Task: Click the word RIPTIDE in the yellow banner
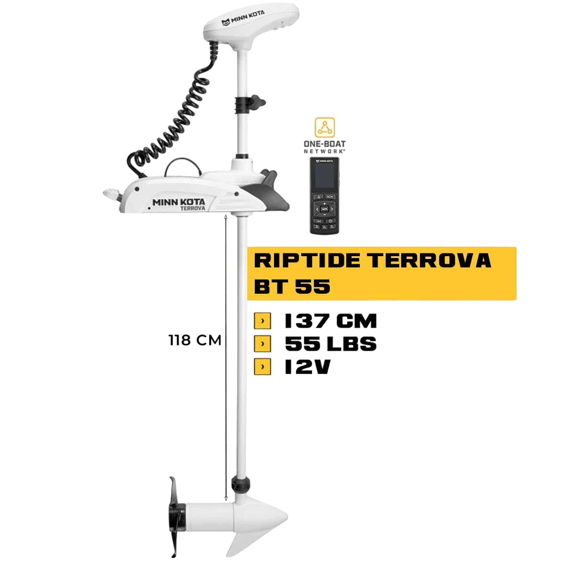coord(302,260)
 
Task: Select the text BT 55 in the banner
coord(292,286)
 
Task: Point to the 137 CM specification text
coord(331,321)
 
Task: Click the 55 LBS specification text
coord(331,343)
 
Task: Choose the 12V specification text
coord(307,367)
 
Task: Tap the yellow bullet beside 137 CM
coord(262,321)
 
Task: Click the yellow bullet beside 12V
coord(262,367)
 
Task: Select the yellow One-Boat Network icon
coord(325,128)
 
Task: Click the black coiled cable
coord(175,117)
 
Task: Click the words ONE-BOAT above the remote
coord(325,144)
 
